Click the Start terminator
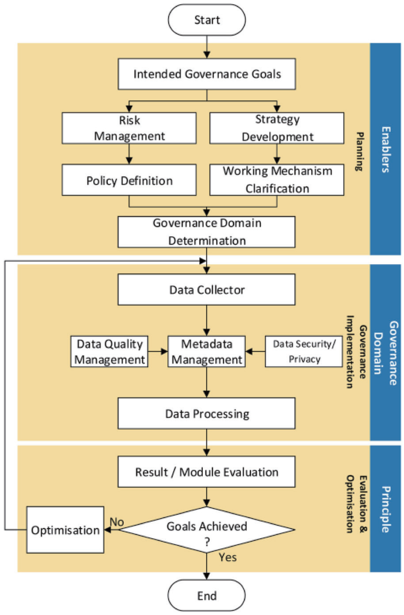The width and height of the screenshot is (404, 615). pyautogui.click(x=207, y=20)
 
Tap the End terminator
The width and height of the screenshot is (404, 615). pyautogui.click(x=207, y=595)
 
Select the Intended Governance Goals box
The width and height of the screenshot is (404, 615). pyautogui.click(x=207, y=74)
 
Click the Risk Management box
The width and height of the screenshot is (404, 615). pyautogui.click(x=129, y=128)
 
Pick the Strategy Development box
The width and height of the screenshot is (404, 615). pyautogui.click(x=277, y=128)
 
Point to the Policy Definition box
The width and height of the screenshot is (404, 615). pyautogui.click(x=129, y=180)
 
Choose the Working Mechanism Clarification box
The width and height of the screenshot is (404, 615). pyautogui.click(x=277, y=180)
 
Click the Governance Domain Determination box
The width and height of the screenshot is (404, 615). pyautogui.click(x=206, y=232)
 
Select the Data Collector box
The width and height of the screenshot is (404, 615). pyautogui.click(x=206, y=289)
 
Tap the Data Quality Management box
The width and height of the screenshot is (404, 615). pyautogui.click(x=110, y=351)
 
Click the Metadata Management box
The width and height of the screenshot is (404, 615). pyautogui.click(x=206, y=351)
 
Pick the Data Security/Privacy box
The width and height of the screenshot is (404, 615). pyautogui.click(x=304, y=351)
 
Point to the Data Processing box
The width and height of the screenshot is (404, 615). pyautogui.click(x=206, y=413)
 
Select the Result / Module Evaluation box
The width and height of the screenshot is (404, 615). pyautogui.click(x=206, y=472)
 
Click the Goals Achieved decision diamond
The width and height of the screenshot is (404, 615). pyautogui.click(x=206, y=530)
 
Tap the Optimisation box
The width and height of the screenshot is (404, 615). pyautogui.click(x=65, y=530)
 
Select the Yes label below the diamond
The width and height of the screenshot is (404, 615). pyautogui.click(x=228, y=557)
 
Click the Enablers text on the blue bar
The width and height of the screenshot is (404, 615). pyautogui.click(x=386, y=150)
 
